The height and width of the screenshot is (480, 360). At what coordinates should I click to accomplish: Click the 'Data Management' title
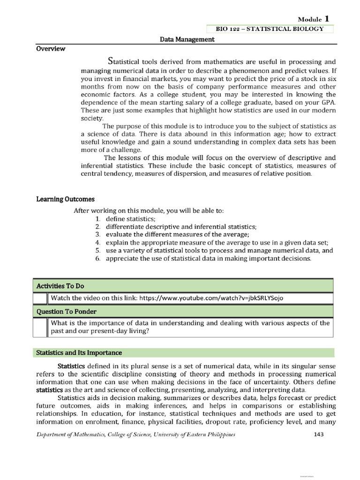coord(187,40)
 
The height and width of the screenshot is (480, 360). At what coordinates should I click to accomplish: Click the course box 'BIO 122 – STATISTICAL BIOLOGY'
coord(270,29)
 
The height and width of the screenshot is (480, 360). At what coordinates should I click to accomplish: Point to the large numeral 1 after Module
coord(326,18)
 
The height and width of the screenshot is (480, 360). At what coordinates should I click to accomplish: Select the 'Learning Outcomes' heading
coord(59,199)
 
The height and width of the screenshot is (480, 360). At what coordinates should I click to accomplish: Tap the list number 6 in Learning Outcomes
coord(97,258)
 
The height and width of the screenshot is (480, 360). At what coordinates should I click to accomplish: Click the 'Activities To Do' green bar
coord(183,286)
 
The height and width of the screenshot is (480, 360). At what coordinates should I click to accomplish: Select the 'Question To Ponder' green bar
coord(183,311)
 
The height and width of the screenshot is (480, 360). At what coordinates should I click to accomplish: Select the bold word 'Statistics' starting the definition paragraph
coord(71,366)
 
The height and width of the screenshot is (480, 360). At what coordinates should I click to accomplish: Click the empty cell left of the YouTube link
coord(40,299)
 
